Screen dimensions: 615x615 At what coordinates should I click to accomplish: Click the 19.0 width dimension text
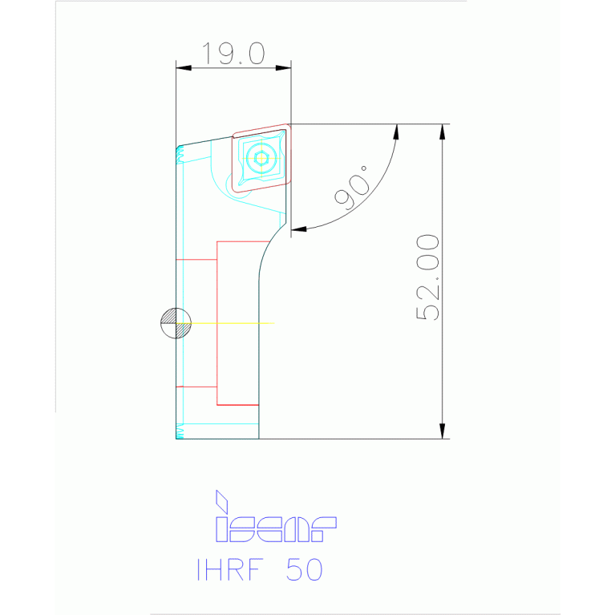[233, 54]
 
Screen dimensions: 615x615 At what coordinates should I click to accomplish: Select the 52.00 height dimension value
[429, 277]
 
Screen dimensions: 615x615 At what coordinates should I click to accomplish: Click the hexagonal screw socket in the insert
[261, 158]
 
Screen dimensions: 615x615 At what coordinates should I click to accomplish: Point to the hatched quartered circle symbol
[176, 323]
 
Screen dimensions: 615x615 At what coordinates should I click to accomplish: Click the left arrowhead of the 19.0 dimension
[184, 68]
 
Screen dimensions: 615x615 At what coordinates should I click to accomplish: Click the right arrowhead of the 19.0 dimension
[283, 68]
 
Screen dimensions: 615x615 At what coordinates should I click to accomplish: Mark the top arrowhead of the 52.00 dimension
[442, 131]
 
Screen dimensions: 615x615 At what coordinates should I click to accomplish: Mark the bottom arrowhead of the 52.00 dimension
[442, 431]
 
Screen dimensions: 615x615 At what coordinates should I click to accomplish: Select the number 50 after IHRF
[305, 569]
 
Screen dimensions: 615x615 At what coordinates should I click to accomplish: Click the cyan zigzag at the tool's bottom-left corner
[180, 433]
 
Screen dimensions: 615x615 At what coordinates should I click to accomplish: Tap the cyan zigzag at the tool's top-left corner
[180, 155]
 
